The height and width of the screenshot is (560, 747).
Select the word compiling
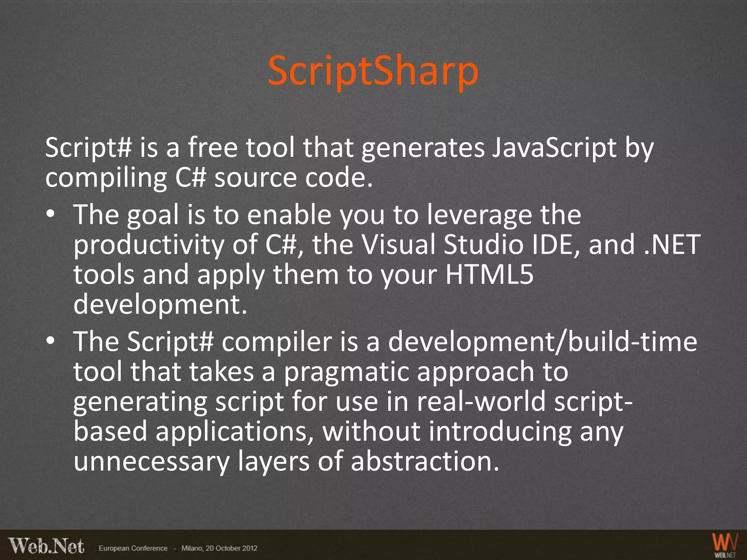(x=106, y=178)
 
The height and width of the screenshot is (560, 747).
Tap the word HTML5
(x=489, y=274)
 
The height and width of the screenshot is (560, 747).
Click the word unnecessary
(x=151, y=461)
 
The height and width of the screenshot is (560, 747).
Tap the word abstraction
(x=425, y=461)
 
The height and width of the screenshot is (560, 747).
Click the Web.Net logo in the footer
(x=47, y=546)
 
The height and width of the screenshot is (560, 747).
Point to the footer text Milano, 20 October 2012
(x=219, y=548)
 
